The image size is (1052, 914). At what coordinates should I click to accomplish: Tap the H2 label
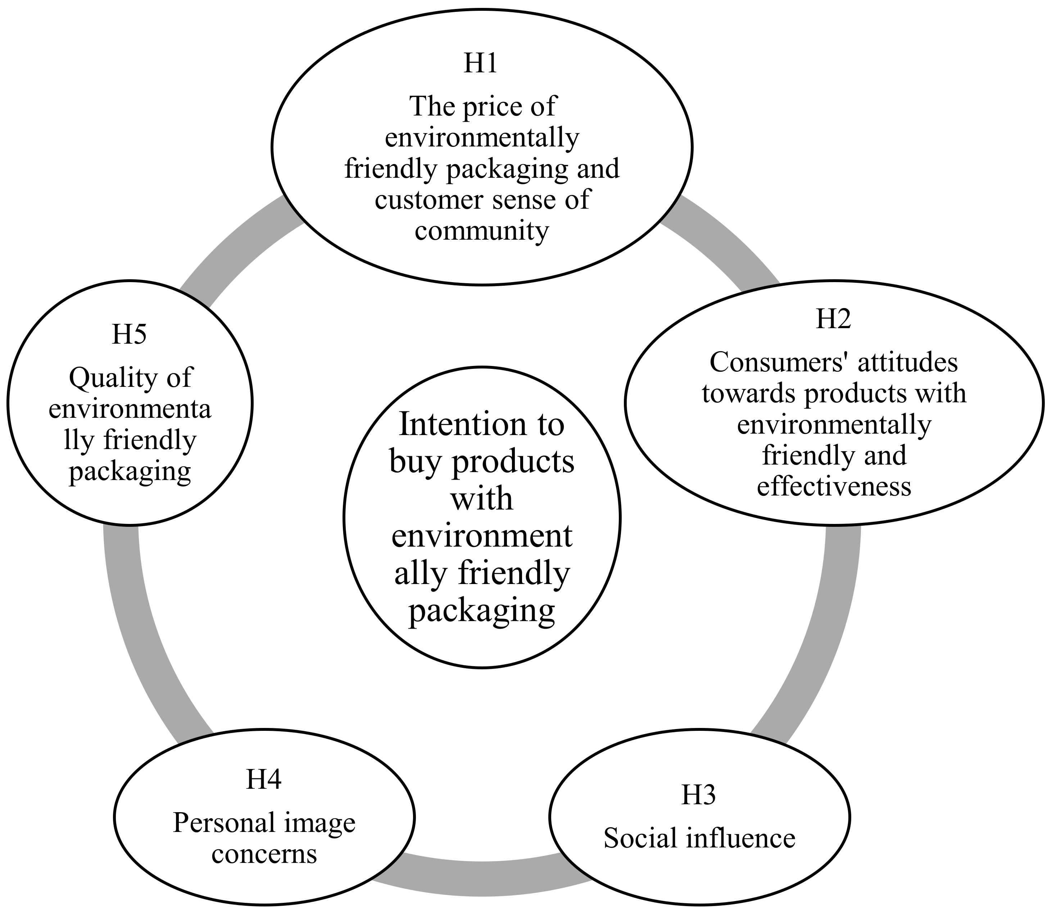(x=833, y=319)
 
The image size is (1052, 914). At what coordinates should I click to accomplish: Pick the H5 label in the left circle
(x=130, y=335)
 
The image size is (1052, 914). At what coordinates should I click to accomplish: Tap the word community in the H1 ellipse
(x=481, y=231)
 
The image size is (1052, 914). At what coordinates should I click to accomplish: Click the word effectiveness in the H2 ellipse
(x=834, y=486)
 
